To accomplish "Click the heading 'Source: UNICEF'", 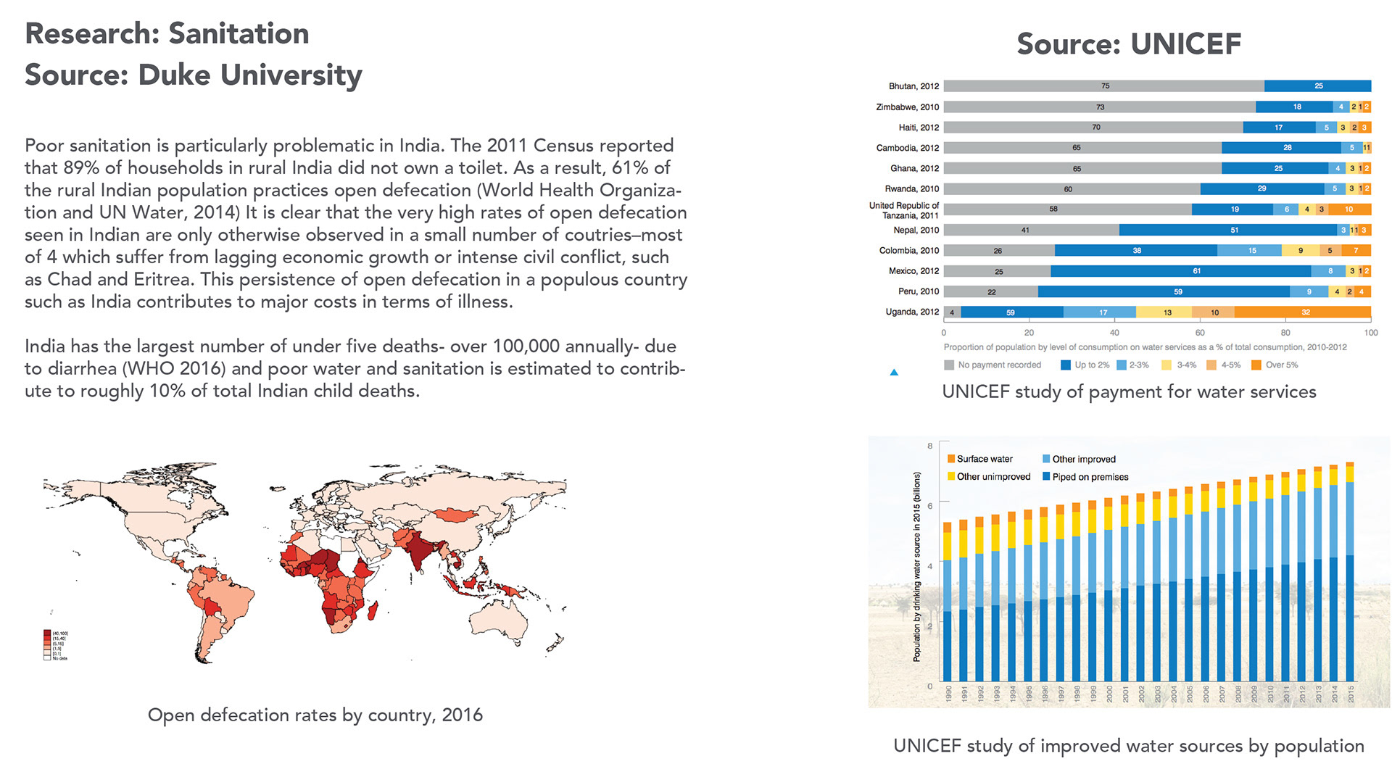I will pyautogui.click(x=1128, y=44).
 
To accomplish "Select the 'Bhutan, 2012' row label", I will pyautogui.click(x=913, y=86).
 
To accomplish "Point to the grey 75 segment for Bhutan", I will pyautogui.click(x=1104, y=86).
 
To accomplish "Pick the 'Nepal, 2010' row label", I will pyautogui.click(x=916, y=231).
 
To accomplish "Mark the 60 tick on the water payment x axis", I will pyautogui.click(x=1200, y=333).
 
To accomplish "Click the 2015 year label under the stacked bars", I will pyautogui.click(x=1351, y=694).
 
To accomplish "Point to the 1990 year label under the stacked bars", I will pyautogui.click(x=948, y=694).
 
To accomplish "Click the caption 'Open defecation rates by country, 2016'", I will pyautogui.click(x=315, y=715).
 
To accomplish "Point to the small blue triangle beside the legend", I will pyautogui.click(x=894, y=373).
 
